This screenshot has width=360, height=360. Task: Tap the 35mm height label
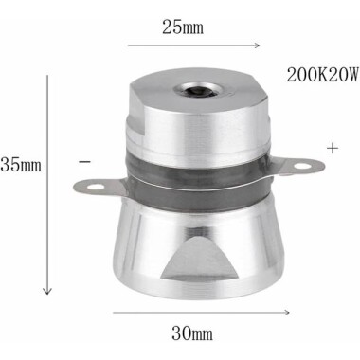19,165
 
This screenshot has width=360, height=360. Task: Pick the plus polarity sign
332,149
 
